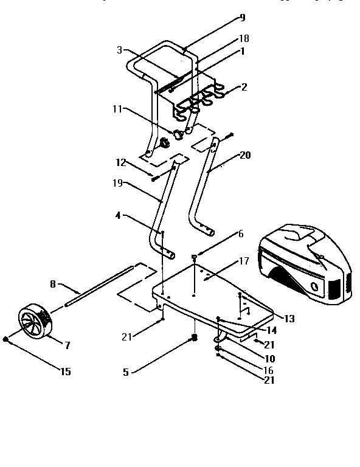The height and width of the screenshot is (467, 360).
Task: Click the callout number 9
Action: click(242, 18)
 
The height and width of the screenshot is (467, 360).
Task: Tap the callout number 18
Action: click(244, 38)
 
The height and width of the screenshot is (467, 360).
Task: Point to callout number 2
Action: click(244, 87)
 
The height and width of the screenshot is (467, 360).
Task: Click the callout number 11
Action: click(116, 109)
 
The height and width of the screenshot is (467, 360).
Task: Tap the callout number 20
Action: click(244, 155)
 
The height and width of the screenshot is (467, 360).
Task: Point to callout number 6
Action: click(240, 234)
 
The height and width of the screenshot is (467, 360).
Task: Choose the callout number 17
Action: click(243, 262)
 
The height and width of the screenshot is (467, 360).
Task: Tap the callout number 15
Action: click(64, 372)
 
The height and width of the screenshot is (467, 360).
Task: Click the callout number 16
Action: click(269, 370)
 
